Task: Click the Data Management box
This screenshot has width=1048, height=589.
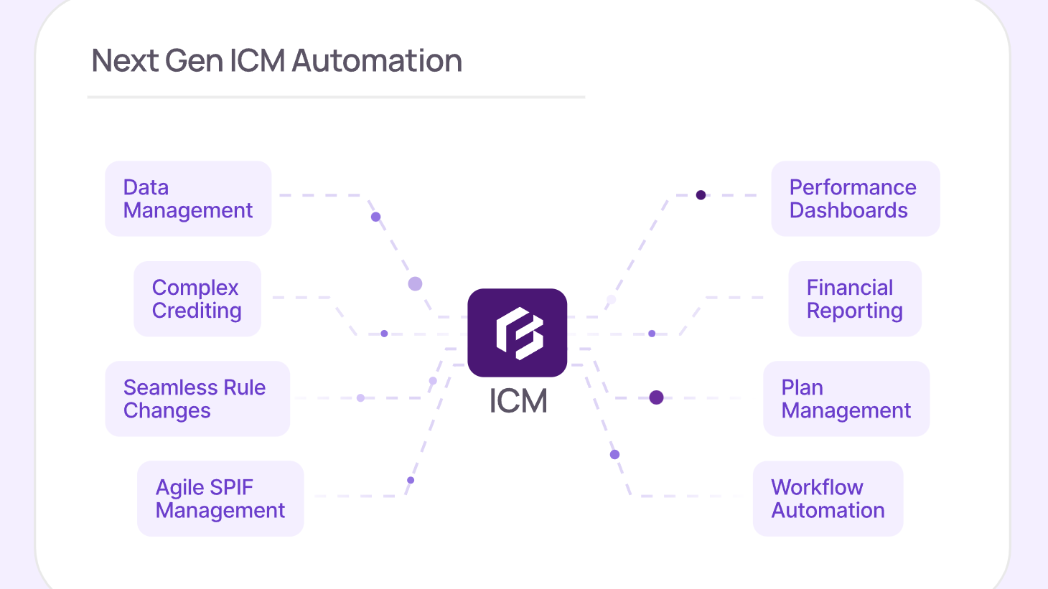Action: pos(188,199)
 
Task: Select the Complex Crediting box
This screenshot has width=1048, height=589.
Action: pos(197,298)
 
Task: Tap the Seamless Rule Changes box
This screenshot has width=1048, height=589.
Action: pos(197,399)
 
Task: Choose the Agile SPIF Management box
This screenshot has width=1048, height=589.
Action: pos(220,499)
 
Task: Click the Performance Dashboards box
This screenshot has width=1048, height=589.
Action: pos(856,199)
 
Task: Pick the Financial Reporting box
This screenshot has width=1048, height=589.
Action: pos(855,298)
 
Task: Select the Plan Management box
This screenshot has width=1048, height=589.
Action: pos(846,399)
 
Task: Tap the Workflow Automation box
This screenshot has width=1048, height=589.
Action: pos(828,499)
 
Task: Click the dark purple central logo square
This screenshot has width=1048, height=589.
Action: pos(518,333)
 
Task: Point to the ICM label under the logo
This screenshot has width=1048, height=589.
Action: pos(518,401)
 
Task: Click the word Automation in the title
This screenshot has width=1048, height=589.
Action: pos(377,61)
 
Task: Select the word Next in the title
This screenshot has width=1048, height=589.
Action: pos(125,61)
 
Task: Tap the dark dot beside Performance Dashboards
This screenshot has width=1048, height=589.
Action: pos(701,195)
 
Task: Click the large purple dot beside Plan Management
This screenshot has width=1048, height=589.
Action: pos(656,397)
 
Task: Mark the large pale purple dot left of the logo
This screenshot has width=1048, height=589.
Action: pos(415,284)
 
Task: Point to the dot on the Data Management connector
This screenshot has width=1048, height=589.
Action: pos(375,217)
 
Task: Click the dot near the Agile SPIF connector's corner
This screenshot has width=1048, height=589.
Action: pos(411,480)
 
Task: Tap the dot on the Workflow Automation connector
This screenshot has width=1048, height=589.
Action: pos(614,454)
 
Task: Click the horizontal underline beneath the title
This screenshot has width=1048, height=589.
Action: pos(336,98)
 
